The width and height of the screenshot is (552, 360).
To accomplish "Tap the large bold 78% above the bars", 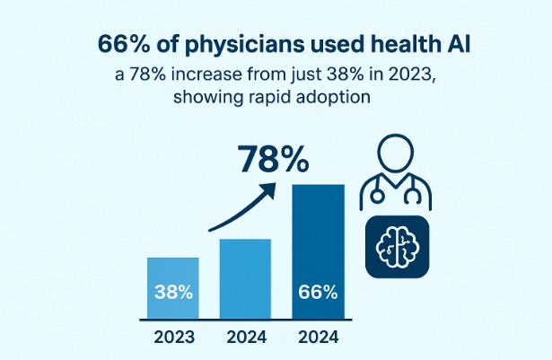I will tap(275, 160).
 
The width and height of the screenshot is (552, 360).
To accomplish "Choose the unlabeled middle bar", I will tap(245, 278).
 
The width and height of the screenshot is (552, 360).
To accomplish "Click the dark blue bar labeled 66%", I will tap(317, 251).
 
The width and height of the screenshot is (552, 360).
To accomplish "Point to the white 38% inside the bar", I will tap(174, 293).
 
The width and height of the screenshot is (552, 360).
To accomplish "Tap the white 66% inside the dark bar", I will tap(317, 293).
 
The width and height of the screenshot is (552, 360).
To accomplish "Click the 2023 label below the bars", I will tap(174, 340).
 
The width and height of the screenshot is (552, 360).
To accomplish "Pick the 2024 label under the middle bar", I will tap(245, 340).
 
